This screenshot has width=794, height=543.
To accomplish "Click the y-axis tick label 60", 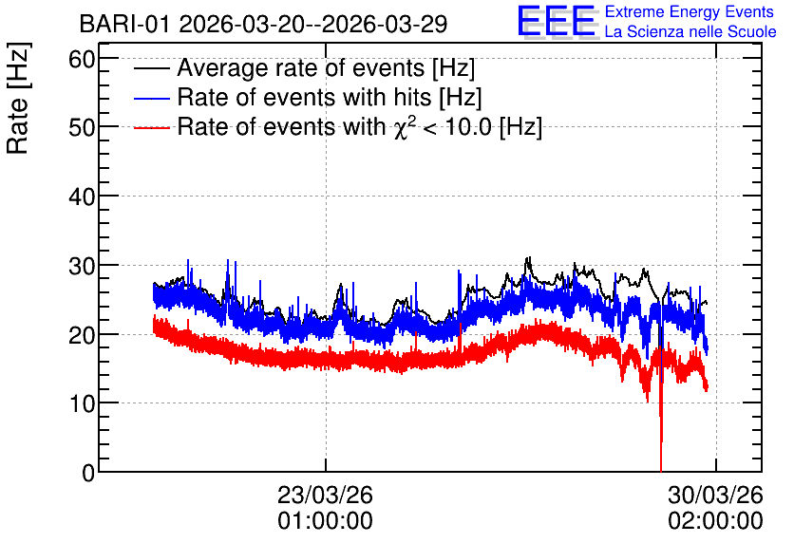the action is click(x=82, y=59).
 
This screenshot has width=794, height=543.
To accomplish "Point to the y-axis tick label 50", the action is click(x=82, y=127).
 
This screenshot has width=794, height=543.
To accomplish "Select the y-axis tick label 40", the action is click(x=82, y=197).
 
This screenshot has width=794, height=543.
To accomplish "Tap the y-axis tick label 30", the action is click(x=82, y=266).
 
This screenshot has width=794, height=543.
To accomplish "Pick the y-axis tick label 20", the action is click(x=82, y=334).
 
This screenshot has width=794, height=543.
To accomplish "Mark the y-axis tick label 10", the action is click(x=82, y=403).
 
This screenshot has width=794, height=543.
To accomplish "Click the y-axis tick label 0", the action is click(x=88, y=473).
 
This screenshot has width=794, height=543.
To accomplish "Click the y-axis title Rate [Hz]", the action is click(x=18, y=98).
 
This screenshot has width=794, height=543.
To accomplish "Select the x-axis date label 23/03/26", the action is click(x=325, y=495).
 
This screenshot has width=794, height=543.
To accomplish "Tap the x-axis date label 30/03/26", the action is click(x=715, y=495).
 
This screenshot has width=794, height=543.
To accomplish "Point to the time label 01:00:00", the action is click(x=325, y=521).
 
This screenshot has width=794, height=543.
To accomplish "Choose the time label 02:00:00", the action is click(x=715, y=521).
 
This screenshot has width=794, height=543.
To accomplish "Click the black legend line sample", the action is click(x=151, y=68).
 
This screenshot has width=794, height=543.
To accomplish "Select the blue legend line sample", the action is click(x=151, y=98).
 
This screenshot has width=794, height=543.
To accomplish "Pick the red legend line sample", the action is click(x=151, y=127).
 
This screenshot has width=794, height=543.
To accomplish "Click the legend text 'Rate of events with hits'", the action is click(x=304, y=97).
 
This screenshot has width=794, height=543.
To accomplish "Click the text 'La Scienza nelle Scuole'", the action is click(x=690, y=31).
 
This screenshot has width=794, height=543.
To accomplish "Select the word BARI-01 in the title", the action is click(x=124, y=24).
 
